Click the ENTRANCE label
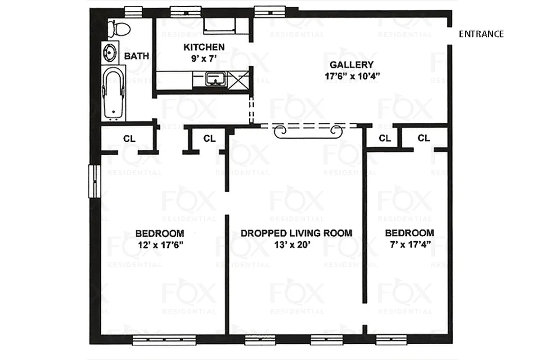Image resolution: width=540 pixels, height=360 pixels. tap(481, 34)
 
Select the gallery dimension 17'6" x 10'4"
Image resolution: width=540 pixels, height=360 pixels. tap(353, 76)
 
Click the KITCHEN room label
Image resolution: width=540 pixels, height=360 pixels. tap(204, 47)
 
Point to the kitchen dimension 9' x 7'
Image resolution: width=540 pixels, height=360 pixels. tap(204, 58)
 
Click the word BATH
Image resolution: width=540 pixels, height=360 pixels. tap(136, 56)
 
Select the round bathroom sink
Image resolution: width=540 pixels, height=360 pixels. tap(110, 53)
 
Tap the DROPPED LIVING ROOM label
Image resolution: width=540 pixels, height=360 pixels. tap(296, 233)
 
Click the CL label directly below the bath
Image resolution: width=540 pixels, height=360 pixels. tap(129, 139)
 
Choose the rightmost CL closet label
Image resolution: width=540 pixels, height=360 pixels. tap(423, 138)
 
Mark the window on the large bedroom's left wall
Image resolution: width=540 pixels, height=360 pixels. tap(94, 181)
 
